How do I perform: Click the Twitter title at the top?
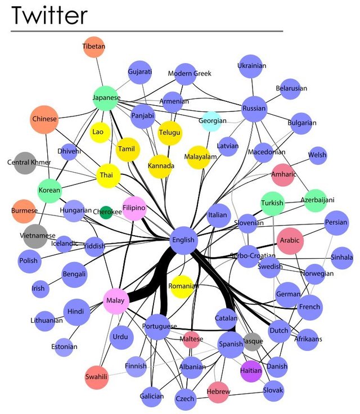[x=49, y=15]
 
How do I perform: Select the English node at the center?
[x=183, y=240]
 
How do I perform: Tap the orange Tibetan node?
[x=94, y=47]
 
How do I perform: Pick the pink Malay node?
[x=115, y=301]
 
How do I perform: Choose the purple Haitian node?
[x=251, y=371]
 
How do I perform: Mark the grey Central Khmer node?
[x=25, y=163]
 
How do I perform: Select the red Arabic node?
[x=290, y=241]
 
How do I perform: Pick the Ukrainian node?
[x=251, y=66]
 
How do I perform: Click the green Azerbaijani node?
[x=314, y=200]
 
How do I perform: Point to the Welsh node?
[x=317, y=155]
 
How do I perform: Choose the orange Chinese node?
[x=44, y=119]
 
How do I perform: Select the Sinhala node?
[x=342, y=257]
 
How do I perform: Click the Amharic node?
[x=283, y=174]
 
